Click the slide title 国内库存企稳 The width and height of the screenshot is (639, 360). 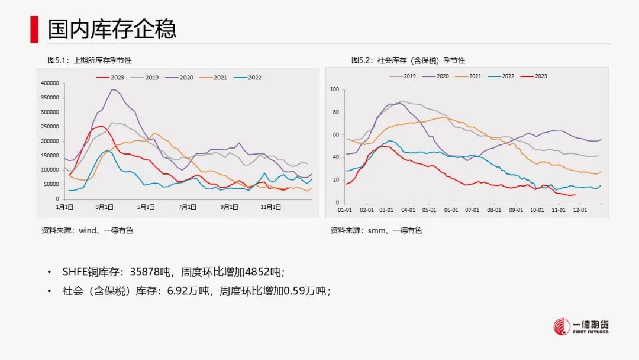coord(112,29)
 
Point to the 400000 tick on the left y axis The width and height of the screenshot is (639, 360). coord(49,83)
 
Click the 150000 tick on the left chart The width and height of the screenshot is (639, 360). coord(49,156)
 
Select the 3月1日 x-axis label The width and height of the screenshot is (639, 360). coord(105,207)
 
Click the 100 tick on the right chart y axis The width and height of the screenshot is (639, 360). coord(334,89)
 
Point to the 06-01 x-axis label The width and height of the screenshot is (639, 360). coord(451,210)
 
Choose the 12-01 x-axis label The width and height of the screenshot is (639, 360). coord(580,210)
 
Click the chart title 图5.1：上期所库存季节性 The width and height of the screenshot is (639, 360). coord(89,60)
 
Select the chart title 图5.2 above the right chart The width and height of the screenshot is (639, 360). coord(408,60)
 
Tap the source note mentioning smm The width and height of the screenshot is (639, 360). coord(376,230)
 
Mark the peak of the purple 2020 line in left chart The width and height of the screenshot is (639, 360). coord(112,89)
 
